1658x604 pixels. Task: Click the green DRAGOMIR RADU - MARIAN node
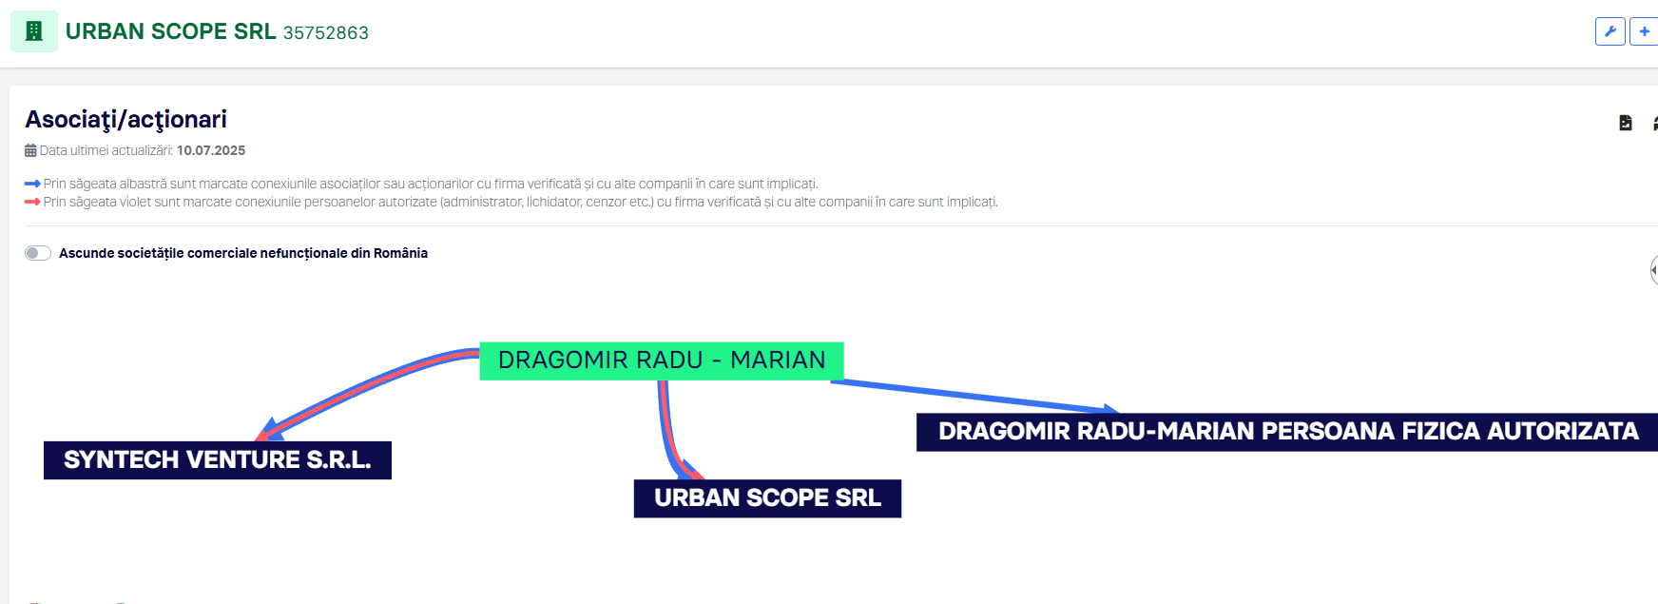pyautogui.click(x=662, y=360)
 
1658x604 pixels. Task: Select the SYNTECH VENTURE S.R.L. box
pyautogui.click(x=218, y=460)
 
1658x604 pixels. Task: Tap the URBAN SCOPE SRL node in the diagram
pyautogui.click(x=767, y=498)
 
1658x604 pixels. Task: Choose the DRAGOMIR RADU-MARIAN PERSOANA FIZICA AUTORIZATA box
pyautogui.click(x=1287, y=432)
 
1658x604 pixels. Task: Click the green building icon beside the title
pyautogui.click(x=34, y=31)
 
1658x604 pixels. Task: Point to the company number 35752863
pyautogui.click(x=326, y=33)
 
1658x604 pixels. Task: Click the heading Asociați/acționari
pyautogui.click(x=126, y=120)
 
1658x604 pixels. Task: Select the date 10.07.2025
pyautogui.click(x=211, y=150)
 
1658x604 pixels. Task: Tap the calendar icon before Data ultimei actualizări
pyautogui.click(x=30, y=150)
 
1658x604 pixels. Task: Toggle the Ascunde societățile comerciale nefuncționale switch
pyautogui.click(x=38, y=253)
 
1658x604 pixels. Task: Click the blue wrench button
pyautogui.click(x=1610, y=31)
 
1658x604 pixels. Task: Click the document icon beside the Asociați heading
pyautogui.click(x=1626, y=123)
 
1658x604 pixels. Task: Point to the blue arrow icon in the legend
pyautogui.click(x=32, y=184)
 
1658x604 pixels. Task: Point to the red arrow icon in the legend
pyautogui.click(x=32, y=202)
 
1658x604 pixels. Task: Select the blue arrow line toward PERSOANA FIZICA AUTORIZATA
pyautogui.click(x=974, y=396)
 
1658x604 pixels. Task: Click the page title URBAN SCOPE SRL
pyautogui.click(x=171, y=31)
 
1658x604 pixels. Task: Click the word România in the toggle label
pyautogui.click(x=400, y=253)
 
